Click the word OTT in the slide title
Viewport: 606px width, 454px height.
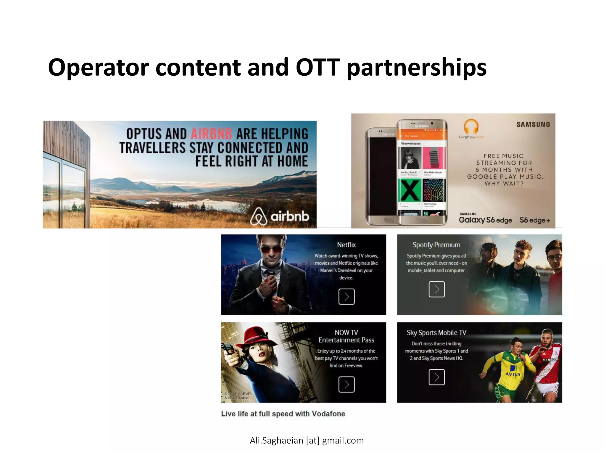click(317, 67)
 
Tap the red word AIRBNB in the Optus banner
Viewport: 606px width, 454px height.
click(211, 134)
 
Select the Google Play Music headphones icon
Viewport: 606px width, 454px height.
click(471, 127)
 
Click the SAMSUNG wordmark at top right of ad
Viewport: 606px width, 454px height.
click(533, 124)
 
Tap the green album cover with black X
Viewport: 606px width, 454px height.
click(410, 191)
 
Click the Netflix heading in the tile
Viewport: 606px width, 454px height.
click(346, 245)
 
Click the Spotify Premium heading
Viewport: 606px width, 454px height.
click(436, 245)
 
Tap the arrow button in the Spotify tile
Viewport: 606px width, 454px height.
click(436, 289)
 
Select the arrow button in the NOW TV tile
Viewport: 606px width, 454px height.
click(346, 385)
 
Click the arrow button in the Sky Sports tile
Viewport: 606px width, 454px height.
click(436, 377)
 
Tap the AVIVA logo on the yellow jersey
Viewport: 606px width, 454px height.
click(512, 374)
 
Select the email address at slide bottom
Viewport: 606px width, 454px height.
click(307, 440)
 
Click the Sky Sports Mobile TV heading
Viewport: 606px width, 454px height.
click(436, 333)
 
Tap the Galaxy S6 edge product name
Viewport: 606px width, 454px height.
click(485, 220)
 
